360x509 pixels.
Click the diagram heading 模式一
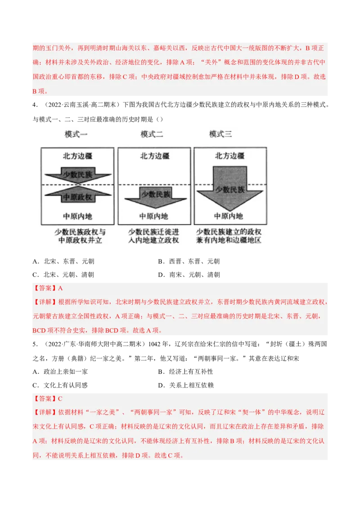pyautogui.click(x=76, y=134)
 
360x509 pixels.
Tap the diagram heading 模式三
pyautogui.click(x=220, y=134)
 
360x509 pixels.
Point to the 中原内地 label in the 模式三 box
pyautogui.click(x=229, y=216)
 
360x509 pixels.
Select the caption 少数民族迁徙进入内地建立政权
pyautogui.click(x=154, y=236)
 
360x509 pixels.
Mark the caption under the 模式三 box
pyautogui.click(x=229, y=236)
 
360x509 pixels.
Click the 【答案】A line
pyautogui.click(x=47, y=288)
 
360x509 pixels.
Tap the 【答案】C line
pyautogui.click(x=47, y=399)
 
